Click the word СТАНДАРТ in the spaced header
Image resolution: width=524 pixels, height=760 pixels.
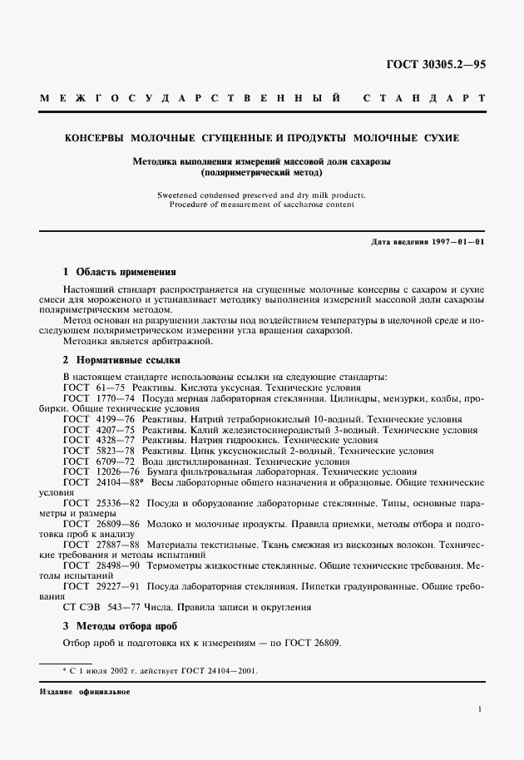[424, 99]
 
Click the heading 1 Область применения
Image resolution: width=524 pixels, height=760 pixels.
[120, 271]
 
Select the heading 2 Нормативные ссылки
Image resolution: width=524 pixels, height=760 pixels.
[121, 360]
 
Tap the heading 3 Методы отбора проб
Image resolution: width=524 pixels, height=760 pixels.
[121, 624]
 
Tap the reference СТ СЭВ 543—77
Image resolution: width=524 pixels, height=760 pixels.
[100, 607]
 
